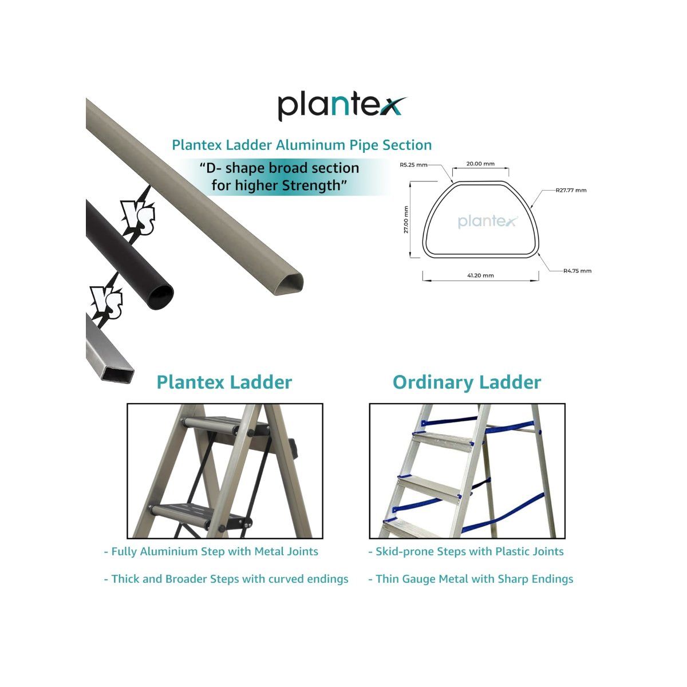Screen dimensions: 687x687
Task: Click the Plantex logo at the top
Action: click(x=342, y=107)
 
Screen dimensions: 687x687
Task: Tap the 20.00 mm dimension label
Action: click(x=480, y=164)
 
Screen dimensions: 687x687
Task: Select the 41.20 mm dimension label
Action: click(x=480, y=275)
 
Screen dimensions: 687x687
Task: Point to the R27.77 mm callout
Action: click(x=571, y=190)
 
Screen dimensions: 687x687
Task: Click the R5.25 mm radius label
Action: click(x=413, y=165)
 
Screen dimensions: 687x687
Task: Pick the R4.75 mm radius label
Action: click(x=577, y=271)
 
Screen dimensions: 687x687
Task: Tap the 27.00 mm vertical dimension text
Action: click(x=406, y=220)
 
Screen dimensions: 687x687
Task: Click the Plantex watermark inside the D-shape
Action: click(x=487, y=221)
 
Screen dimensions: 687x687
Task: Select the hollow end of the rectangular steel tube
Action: click(x=118, y=374)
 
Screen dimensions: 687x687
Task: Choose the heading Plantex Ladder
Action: click(x=224, y=382)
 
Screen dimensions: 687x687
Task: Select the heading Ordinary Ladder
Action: click(x=467, y=382)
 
